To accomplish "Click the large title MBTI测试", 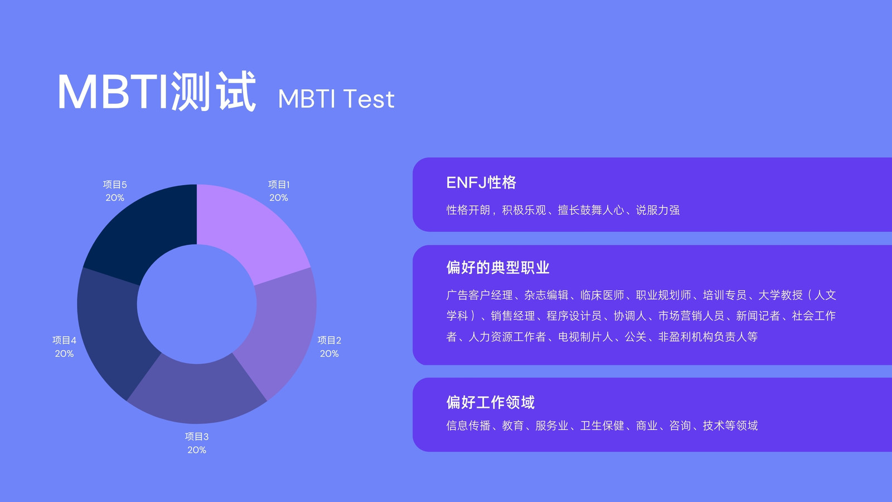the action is click(x=157, y=91).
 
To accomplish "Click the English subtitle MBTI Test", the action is click(x=336, y=98).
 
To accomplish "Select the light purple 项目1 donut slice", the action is click(x=251, y=231).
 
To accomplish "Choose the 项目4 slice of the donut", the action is click(x=111, y=331).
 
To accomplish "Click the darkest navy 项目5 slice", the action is click(x=143, y=231).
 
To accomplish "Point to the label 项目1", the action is click(x=279, y=185).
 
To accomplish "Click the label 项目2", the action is click(x=329, y=340).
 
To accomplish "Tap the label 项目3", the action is click(x=197, y=437).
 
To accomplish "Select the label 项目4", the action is click(x=64, y=340).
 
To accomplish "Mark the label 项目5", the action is click(x=115, y=185).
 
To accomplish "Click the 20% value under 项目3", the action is click(x=197, y=450).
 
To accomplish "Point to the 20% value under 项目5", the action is click(x=115, y=197).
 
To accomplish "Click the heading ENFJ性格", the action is click(x=481, y=182).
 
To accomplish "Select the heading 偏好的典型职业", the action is click(x=498, y=267).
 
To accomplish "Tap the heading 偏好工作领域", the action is click(x=490, y=402).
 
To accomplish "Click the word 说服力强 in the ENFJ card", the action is click(x=658, y=210).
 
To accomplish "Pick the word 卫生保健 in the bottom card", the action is click(x=602, y=426).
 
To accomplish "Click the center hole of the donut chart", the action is click(x=197, y=304).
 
